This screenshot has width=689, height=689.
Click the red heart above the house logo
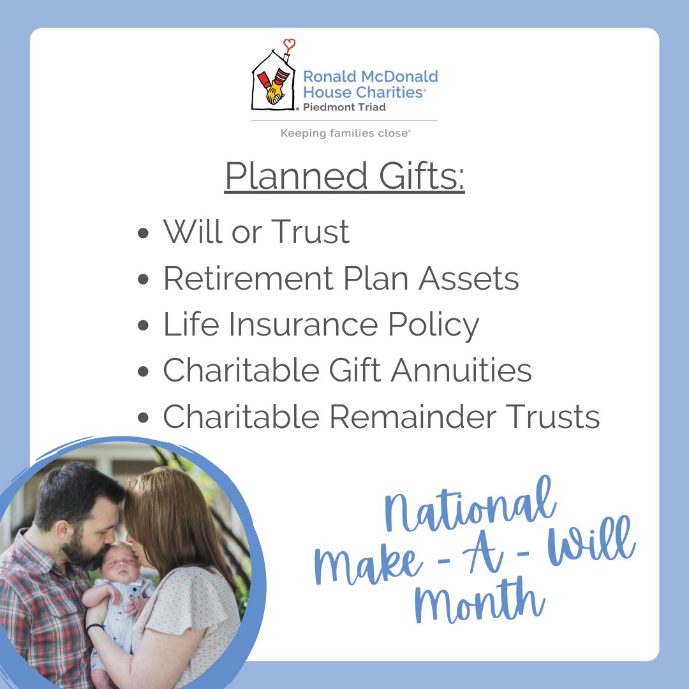(x=290, y=45)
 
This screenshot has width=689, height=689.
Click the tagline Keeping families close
(x=345, y=133)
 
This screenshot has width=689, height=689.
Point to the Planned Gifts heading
(x=344, y=177)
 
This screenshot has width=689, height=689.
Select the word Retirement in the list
(x=243, y=278)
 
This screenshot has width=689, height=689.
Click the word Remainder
(x=410, y=417)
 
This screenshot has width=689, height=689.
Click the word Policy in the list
(x=434, y=325)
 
